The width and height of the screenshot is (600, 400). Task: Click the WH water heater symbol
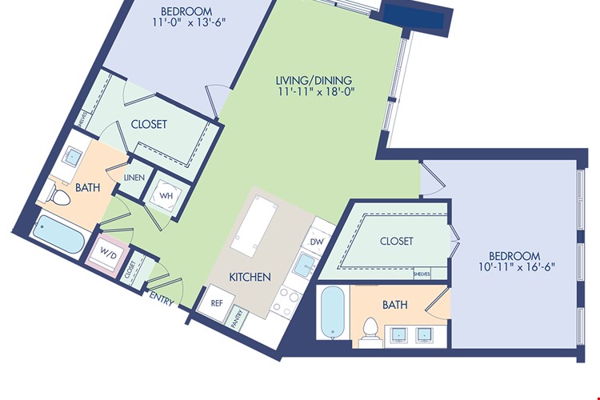166,195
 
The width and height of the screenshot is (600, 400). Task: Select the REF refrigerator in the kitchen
216,302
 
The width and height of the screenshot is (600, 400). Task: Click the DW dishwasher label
317,242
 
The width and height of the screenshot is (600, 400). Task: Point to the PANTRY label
238,318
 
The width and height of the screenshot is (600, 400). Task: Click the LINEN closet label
134,178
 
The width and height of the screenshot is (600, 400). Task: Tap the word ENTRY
161,298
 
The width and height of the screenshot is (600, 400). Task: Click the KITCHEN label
250,277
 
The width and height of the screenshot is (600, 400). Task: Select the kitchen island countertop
254,226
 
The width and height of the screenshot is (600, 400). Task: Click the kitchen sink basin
305,265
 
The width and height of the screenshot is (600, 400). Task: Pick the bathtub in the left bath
58,234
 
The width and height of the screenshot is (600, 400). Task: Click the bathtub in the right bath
333,311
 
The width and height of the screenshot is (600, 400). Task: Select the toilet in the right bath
370,329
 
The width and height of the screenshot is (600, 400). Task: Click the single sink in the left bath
72,155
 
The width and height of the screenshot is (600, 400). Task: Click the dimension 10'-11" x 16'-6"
517,266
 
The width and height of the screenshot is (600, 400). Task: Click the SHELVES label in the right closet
422,274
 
